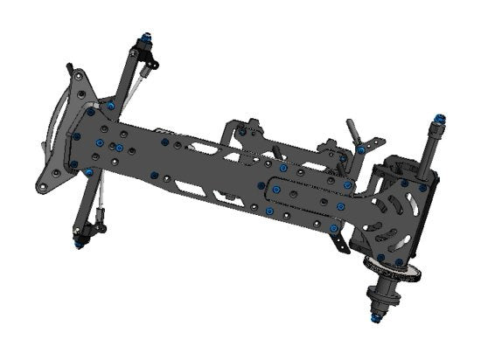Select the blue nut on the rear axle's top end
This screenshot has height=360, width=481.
click(x=439, y=118)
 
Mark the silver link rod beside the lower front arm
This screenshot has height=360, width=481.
click(x=101, y=201)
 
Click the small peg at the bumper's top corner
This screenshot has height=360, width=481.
click(x=69, y=68)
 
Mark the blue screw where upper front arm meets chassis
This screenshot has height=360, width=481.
click(x=110, y=106)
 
